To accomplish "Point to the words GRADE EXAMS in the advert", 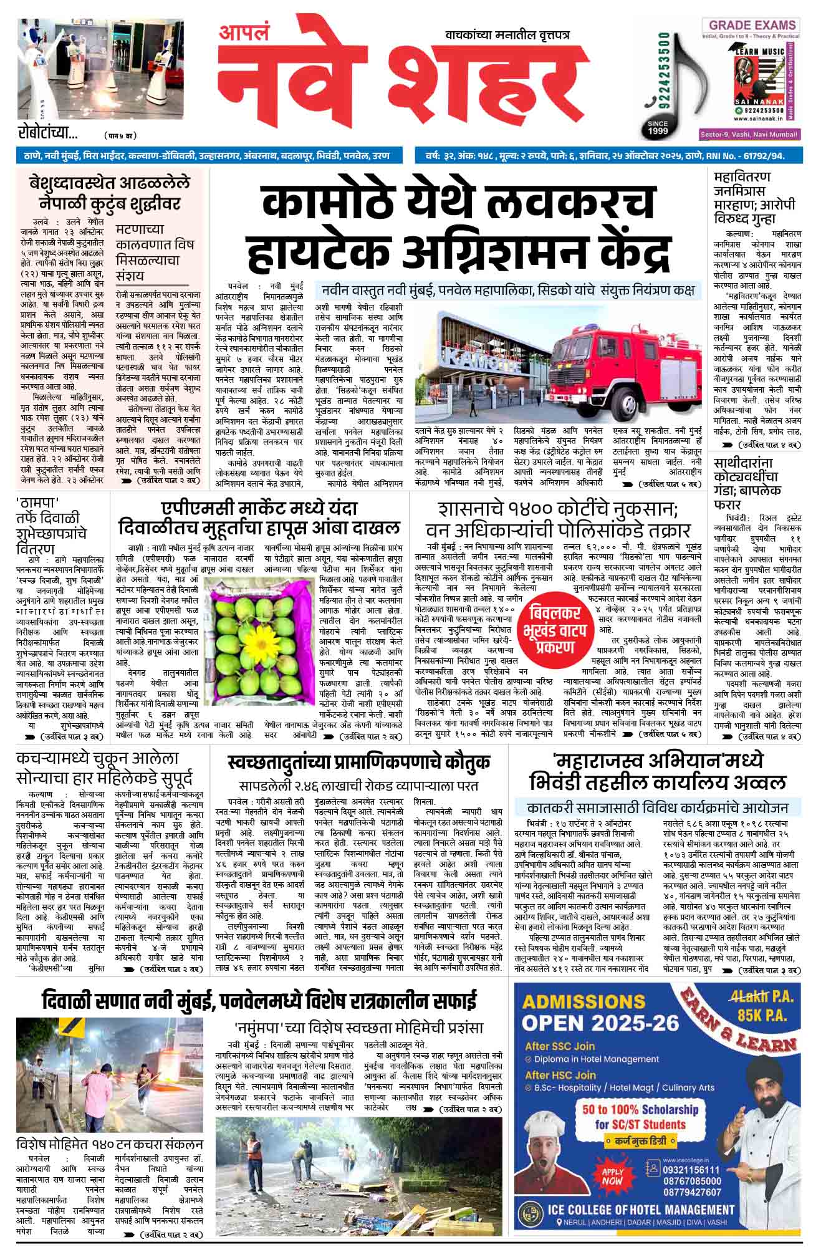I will tap(751, 26).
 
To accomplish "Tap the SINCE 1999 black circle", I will tap(658, 127).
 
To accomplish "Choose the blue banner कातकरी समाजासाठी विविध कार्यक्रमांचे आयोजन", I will tap(657, 806).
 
